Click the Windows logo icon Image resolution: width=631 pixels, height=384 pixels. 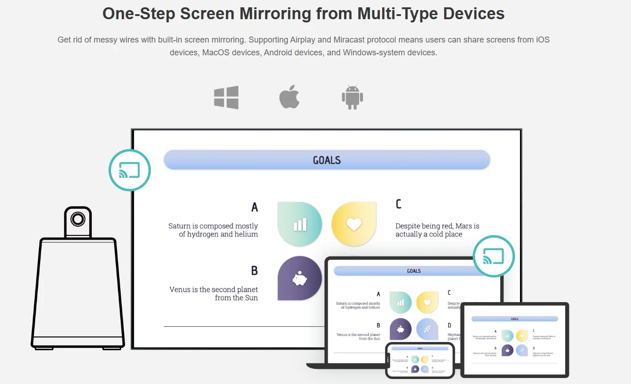(226, 97)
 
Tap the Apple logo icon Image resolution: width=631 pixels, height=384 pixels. (289, 97)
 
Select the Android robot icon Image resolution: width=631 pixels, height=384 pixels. (352, 97)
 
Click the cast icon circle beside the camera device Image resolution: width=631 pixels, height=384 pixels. (130, 170)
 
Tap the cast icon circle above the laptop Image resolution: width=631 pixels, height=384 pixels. (493, 256)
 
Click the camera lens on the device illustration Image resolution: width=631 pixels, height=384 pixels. (78, 219)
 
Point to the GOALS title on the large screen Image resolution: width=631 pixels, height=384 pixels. (327, 160)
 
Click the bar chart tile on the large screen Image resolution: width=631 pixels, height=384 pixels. (300, 224)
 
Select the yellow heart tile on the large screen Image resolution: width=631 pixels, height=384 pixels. (354, 224)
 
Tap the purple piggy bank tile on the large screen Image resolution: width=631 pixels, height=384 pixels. (300, 278)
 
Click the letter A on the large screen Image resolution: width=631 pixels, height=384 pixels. (255, 208)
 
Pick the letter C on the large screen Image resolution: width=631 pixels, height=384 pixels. (398, 204)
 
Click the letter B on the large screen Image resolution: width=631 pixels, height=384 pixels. (255, 271)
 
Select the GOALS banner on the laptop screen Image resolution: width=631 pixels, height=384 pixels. (414, 271)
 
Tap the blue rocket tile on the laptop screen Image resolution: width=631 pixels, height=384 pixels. (427, 329)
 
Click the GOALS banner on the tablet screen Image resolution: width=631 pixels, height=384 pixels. (514, 319)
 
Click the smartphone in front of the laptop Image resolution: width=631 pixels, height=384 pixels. (420, 360)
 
